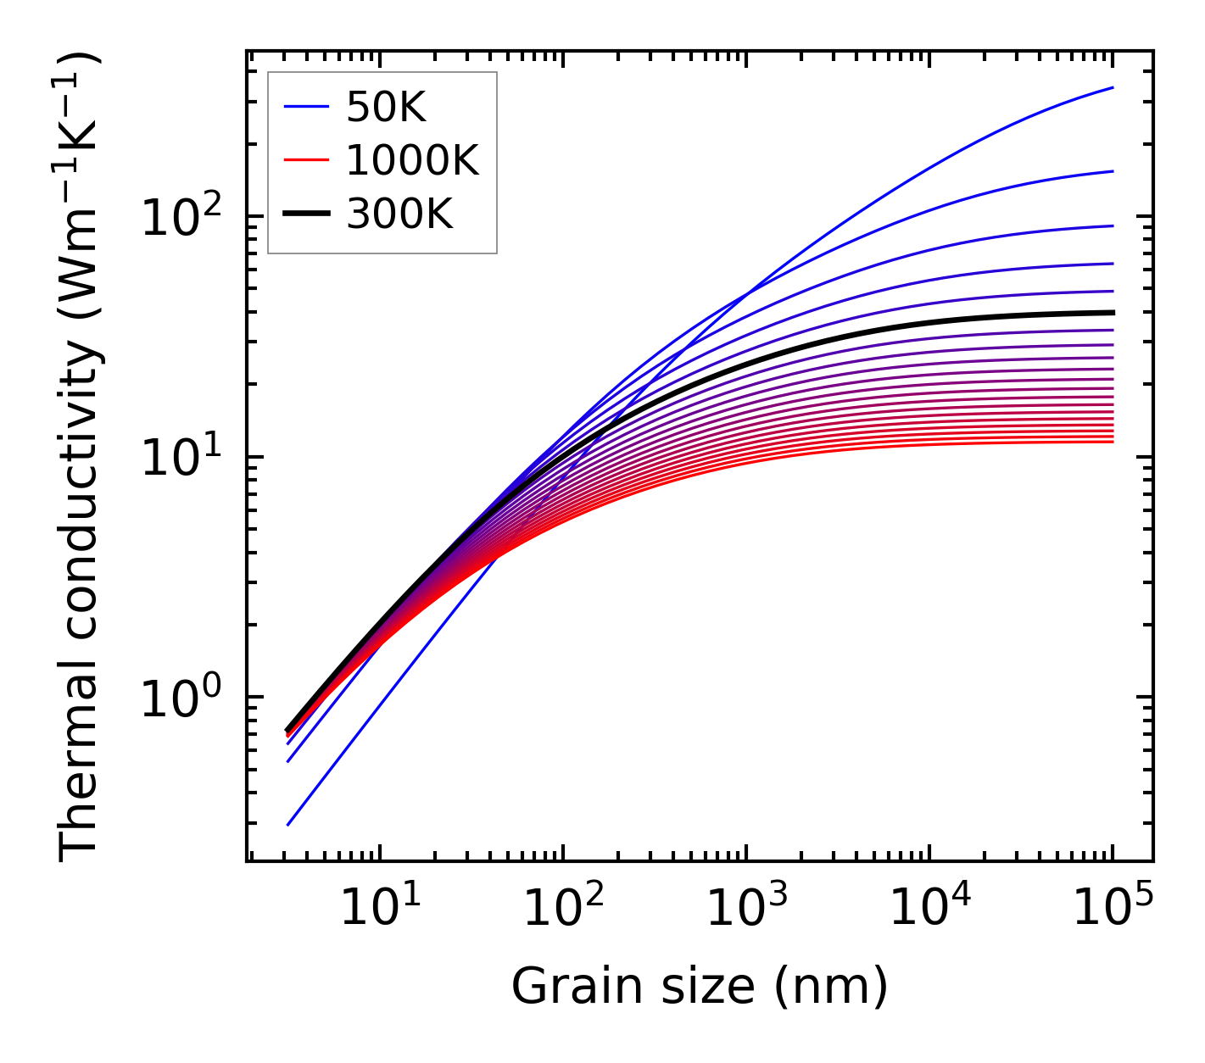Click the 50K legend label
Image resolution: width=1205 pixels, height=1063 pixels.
click(386, 107)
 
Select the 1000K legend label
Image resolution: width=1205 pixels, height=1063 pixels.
click(412, 160)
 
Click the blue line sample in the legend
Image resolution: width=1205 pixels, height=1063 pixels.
click(306, 107)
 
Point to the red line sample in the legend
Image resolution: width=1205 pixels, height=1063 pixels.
click(306, 160)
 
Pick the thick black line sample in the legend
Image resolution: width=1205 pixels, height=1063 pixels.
click(306, 214)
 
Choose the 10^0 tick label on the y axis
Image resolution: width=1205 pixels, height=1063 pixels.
click(181, 700)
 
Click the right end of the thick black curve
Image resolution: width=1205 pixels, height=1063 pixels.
click(1112, 313)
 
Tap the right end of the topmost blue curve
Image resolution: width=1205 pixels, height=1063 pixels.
click(1112, 87)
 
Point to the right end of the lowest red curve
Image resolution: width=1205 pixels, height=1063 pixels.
click(1112, 442)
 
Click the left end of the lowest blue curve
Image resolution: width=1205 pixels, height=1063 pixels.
click(288, 824)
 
